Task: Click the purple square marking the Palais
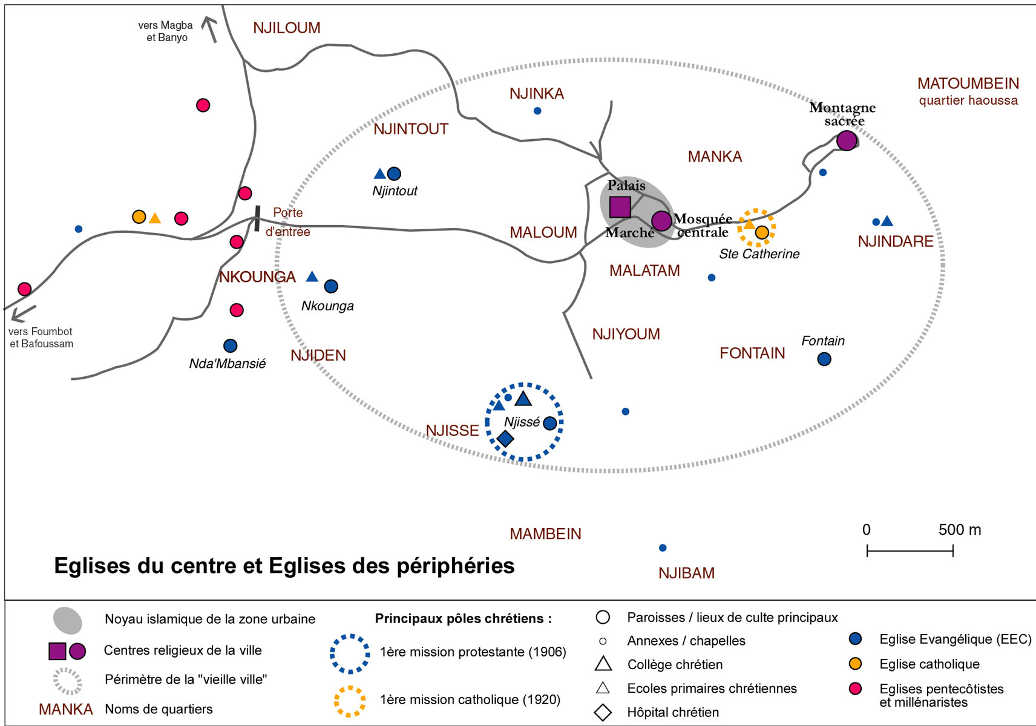620,207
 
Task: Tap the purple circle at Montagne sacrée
847,140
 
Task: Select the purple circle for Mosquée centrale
661,221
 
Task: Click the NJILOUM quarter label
286,28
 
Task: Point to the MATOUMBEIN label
968,83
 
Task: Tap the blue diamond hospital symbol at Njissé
505,439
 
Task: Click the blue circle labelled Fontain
824,359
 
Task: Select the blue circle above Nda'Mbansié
230,345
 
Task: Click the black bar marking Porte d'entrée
257,218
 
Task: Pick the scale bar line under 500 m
910,551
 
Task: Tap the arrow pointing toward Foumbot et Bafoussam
22,313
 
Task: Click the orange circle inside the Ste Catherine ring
762,232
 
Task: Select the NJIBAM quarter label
686,573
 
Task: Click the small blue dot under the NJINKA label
537,111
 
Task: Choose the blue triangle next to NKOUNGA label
312,276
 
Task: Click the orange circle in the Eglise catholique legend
855,664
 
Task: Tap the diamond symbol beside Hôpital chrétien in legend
603,712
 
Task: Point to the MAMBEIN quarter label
545,534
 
